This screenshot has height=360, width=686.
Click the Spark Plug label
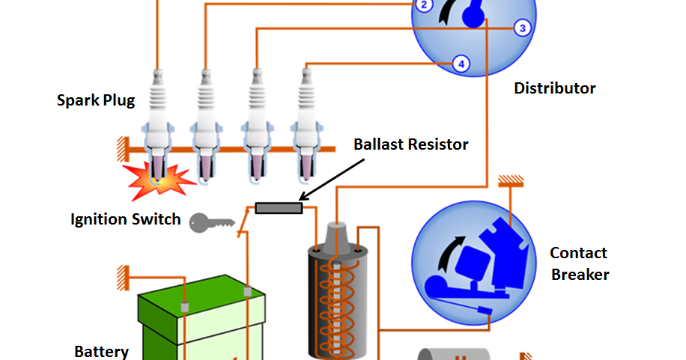click(96, 100)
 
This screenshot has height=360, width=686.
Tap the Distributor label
click(554, 88)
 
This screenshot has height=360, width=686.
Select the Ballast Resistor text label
click(411, 144)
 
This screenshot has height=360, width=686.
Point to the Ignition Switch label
click(125, 219)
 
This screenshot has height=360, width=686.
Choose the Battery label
click(101, 351)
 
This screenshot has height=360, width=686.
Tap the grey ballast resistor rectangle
click(279, 208)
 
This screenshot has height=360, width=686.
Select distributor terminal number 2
click(423, 5)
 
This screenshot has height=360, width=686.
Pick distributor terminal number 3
click(522, 28)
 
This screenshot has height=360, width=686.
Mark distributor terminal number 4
click(461, 64)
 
